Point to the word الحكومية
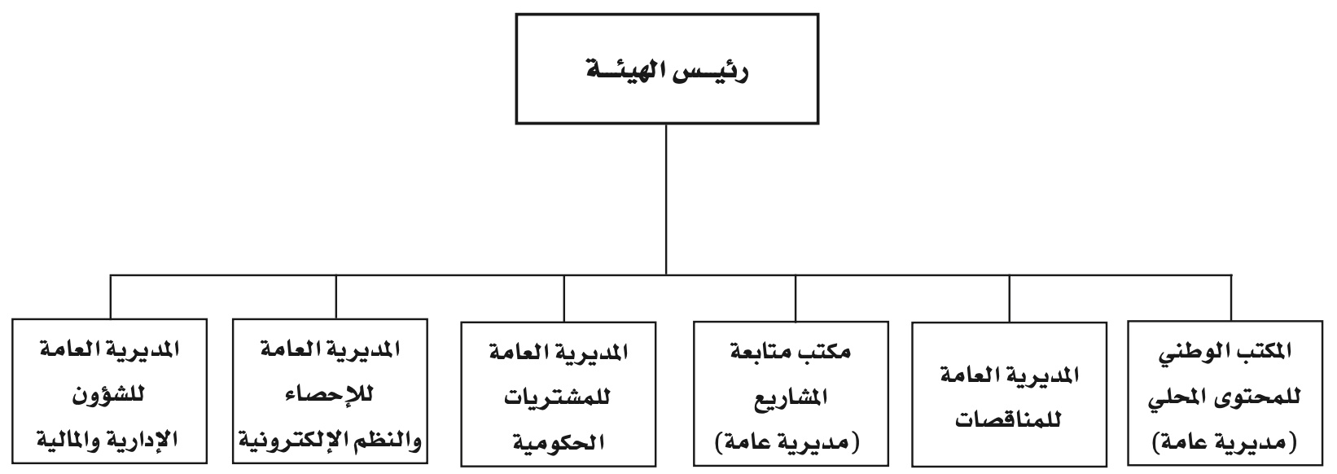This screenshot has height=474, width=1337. tap(558, 442)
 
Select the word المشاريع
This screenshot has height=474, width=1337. tap(791, 397)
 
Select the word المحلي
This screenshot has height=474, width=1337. tap(1177, 397)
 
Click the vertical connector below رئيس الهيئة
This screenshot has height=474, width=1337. tap(666, 200)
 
